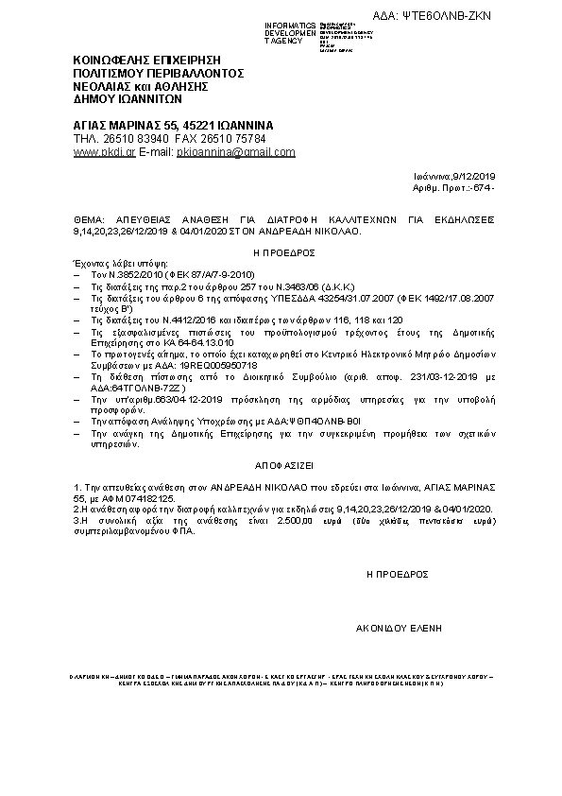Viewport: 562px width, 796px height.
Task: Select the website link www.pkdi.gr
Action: pos(104,151)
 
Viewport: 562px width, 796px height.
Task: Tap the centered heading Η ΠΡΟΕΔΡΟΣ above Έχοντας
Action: pos(281,253)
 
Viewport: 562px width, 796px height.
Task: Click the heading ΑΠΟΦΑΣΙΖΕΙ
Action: pos(281,467)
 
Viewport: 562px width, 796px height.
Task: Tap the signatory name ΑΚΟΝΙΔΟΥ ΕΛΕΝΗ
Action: pos(399,627)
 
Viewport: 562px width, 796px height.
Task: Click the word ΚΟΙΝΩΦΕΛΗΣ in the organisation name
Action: pos(109,60)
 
